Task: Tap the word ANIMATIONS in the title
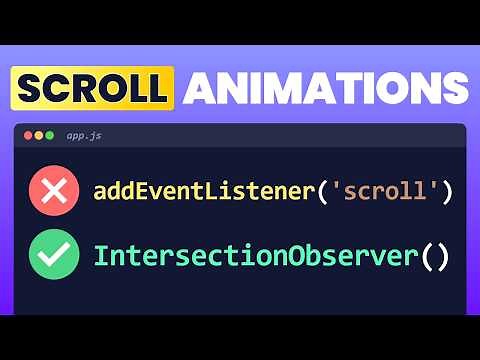tap(326, 89)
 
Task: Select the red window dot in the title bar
tap(27, 134)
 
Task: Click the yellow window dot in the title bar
tap(39, 134)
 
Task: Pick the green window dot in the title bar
tap(51, 134)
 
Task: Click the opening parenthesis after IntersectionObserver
tap(427, 255)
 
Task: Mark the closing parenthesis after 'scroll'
tap(446, 191)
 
